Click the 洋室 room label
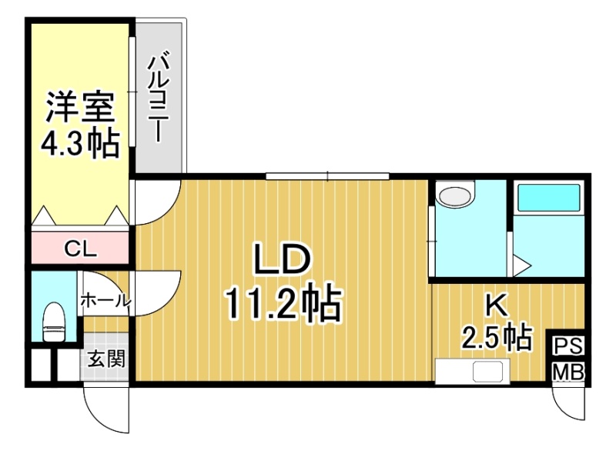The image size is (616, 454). [81, 107]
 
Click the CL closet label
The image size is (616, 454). [80, 249]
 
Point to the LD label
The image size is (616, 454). [283, 259]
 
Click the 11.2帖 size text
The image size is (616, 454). [283, 303]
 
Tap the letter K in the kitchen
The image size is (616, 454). [497, 305]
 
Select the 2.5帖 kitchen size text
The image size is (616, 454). [497, 338]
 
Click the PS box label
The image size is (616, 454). [568, 346]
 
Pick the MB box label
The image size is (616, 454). [568, 372]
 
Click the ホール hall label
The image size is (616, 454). [105, 301]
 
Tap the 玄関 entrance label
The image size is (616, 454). [106, 359]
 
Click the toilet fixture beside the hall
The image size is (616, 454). [54, 322]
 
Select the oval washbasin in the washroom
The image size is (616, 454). [455, 195]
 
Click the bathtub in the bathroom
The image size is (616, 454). [549, 198]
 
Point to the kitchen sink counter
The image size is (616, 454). [473, 371]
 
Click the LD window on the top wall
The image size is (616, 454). [327, 176]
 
